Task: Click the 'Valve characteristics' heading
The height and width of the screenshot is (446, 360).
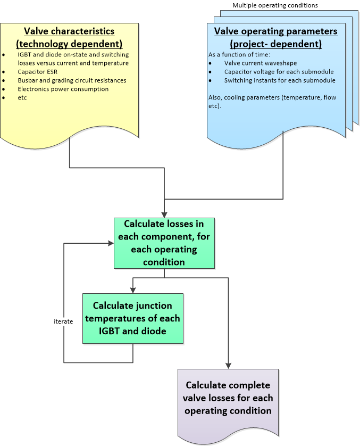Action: pos(69,31)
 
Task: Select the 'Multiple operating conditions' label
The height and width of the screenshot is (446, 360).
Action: pos(275,5)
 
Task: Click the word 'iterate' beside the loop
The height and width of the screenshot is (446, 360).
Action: pos(63,322)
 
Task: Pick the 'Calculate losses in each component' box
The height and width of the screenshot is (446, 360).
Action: pos(164,243)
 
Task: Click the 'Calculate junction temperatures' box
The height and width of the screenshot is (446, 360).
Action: pos(132,318)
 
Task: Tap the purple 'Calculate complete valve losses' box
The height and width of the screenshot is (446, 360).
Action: pos(228,398)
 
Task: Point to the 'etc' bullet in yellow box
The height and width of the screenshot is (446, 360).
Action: pos(21,97)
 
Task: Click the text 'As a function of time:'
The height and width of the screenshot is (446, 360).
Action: pos(232,55)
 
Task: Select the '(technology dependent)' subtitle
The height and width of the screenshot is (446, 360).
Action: pos(69,43)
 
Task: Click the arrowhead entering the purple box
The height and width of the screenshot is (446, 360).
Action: pos(229,365)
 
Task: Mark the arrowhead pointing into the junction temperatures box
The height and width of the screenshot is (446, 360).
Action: pos(132,290)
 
